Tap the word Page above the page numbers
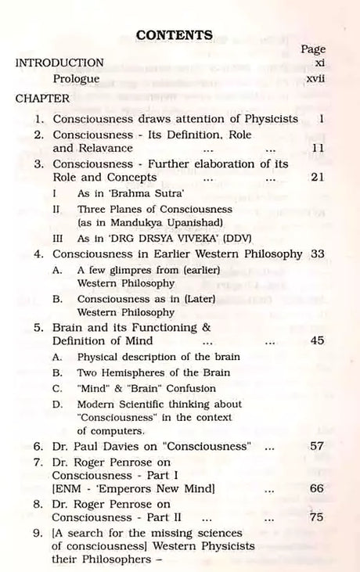[x=313, y=49]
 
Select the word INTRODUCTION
[x=59, y=63]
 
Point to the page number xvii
[x=314, y=79]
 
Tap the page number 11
[x=317, y=147]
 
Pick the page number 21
[x=317, y=178]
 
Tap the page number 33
[x=317, y=254]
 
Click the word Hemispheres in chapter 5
[x=144, y=372]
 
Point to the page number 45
[x=317, y=341]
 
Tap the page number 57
[x=317, y=447]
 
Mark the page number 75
[x=317, y=517]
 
